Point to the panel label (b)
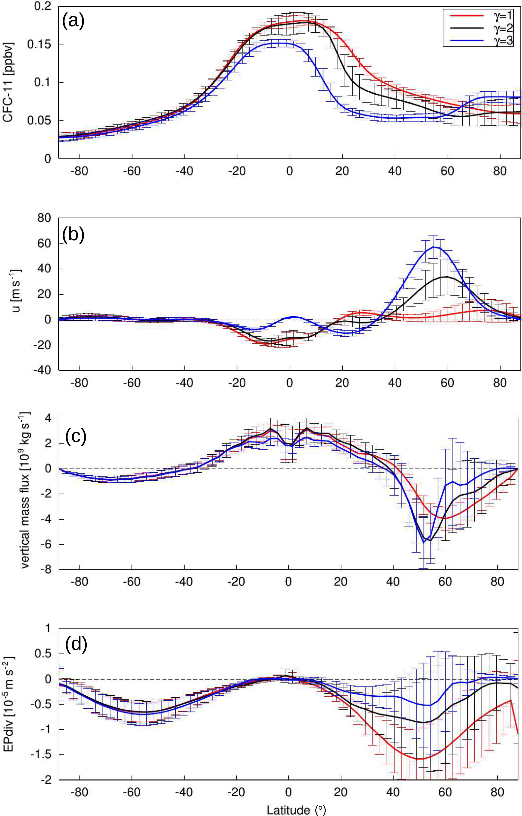click(73, 234)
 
